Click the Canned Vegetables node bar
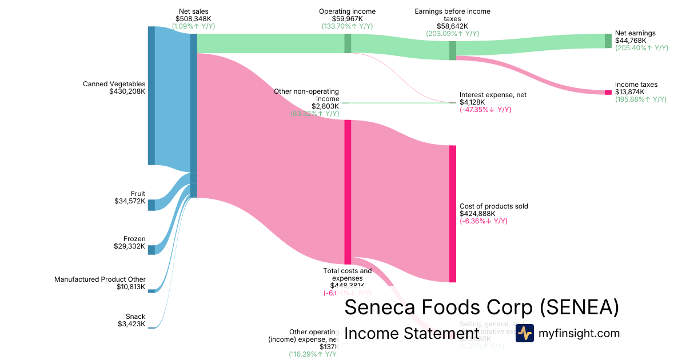pos(151,95)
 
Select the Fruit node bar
pos(151,205)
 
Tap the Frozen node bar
pos(151,250)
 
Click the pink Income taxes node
pos(608,93)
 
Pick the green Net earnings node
pos(608,41)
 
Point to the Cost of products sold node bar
pos(453,214)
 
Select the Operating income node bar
pos(348,43)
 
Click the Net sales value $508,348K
pos(194,18)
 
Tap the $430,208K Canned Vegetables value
pos(127,91)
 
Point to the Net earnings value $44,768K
pos(631,41)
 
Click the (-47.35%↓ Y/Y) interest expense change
pos(485,110)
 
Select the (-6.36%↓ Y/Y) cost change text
pos(484,221)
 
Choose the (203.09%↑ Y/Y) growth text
pos(452,34)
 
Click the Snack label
pos(135,317)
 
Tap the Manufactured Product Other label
pos(100,279)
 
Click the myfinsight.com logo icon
pos(524,333)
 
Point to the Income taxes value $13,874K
pos(630,92)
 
